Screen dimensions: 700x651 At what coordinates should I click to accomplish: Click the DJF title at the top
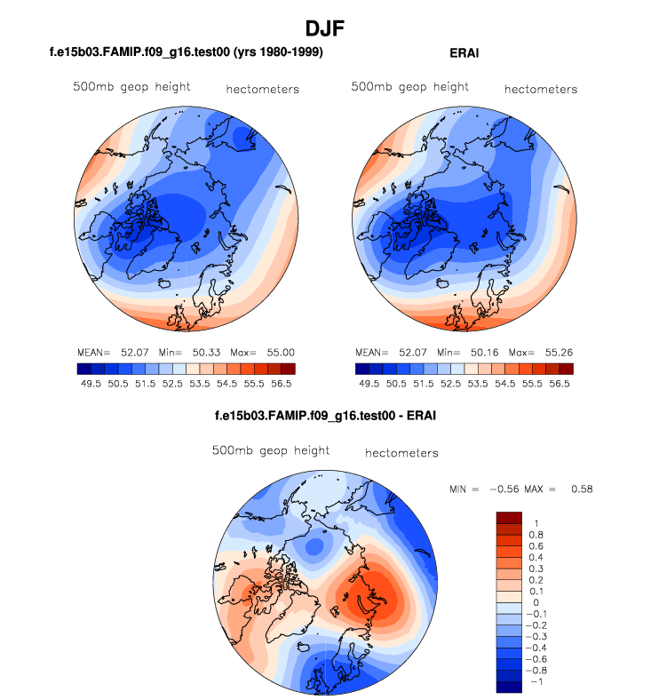[325, 28]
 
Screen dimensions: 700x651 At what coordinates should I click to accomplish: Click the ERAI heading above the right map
[464, 53]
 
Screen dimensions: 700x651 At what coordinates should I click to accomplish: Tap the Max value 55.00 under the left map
[278, 353]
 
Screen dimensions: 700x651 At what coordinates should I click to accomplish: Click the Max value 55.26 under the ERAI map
[557, 353]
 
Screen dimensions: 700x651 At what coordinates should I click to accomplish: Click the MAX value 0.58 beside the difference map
[581, 489]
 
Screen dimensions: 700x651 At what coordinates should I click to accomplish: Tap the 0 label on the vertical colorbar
[536, 602]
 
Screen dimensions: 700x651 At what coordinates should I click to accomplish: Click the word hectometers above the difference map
[401, 453]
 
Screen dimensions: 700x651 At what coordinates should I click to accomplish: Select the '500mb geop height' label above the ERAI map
[410, 87]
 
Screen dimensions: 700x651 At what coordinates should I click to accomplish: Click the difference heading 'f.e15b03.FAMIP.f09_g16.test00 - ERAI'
[325, 415]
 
